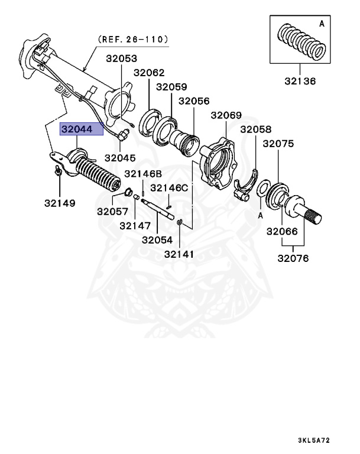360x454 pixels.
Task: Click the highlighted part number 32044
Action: (77, 129)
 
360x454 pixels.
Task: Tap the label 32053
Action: (121, 59)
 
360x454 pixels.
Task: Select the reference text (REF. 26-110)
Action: (133, 39)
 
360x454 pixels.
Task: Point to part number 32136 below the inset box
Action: (300, 81)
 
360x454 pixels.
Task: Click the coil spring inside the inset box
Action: (302, 42)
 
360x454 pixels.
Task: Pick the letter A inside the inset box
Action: (322, 24)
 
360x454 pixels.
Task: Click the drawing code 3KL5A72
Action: (314, 440)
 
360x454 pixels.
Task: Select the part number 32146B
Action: (143, 174)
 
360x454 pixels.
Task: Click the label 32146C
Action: (169, 188)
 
